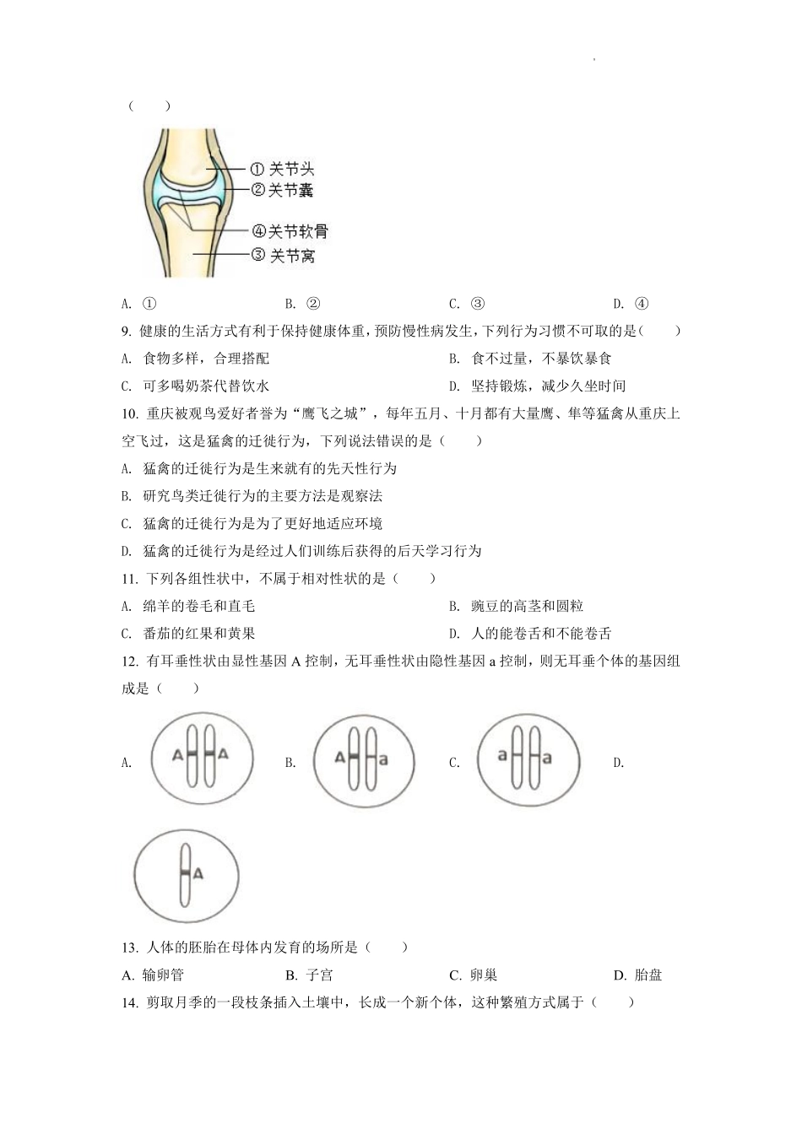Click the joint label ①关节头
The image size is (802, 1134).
[283, 169]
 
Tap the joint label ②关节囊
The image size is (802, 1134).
[283, 191]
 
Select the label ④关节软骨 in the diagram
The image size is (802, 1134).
[290, 231]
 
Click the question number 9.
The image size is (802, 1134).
[127, 331]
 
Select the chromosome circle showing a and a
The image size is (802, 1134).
[528, 759]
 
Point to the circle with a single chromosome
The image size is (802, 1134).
[186, 877]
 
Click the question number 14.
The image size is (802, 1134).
[129, 1002]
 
